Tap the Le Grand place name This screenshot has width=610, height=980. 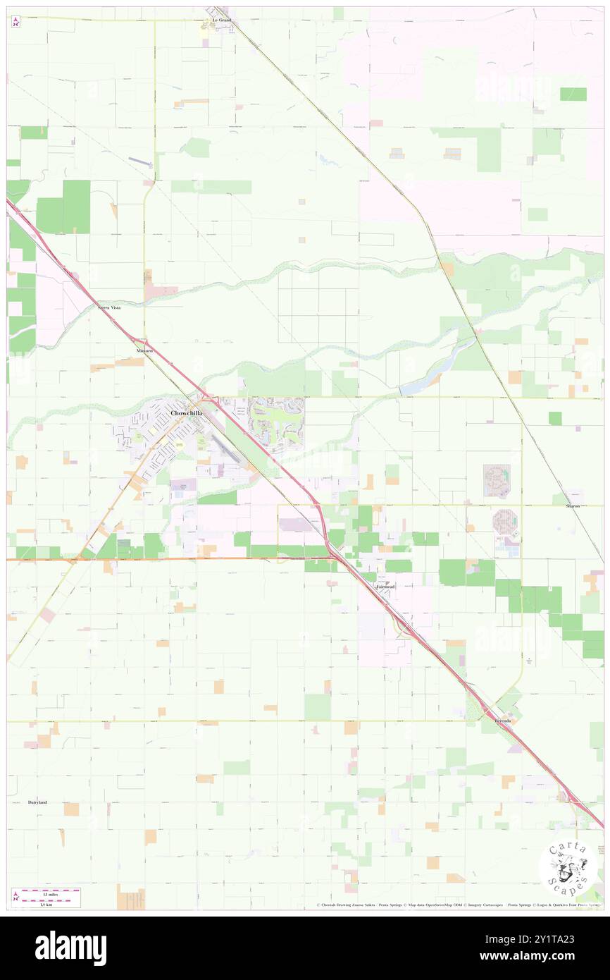221,20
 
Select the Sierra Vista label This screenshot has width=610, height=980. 108,308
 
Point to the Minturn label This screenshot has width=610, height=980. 145,350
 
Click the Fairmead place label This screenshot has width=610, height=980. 385,587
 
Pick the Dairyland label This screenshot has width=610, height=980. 37,802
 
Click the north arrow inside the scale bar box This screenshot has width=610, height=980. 16,898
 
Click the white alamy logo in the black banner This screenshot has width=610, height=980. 70,948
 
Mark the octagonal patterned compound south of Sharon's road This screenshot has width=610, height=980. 506,522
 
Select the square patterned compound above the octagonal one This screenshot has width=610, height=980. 497,478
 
